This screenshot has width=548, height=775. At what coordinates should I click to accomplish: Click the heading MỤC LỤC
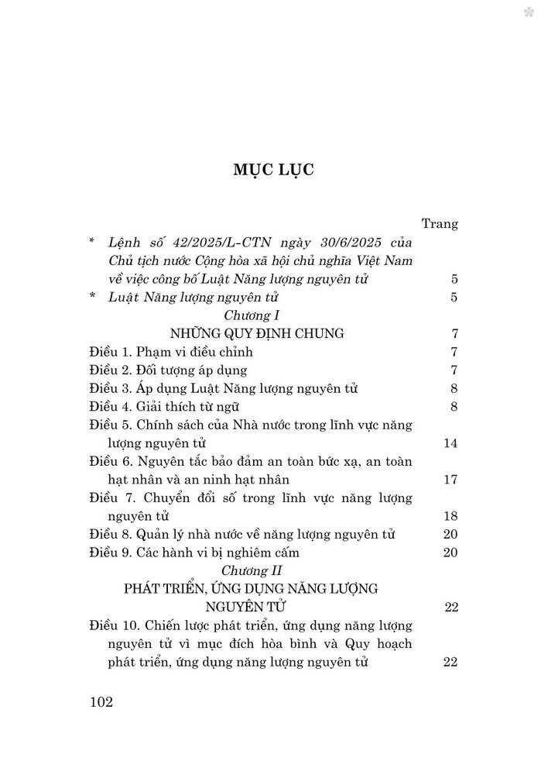coord(274,170)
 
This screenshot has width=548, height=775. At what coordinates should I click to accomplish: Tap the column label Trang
coord(440,224)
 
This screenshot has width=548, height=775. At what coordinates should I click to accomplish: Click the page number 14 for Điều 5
coord(451,443)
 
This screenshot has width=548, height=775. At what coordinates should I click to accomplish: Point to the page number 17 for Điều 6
coord(451,480)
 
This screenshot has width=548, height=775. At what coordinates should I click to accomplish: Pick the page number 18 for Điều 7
coord(451,515)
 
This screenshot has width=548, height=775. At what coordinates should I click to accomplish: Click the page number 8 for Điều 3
coord(455,389)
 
